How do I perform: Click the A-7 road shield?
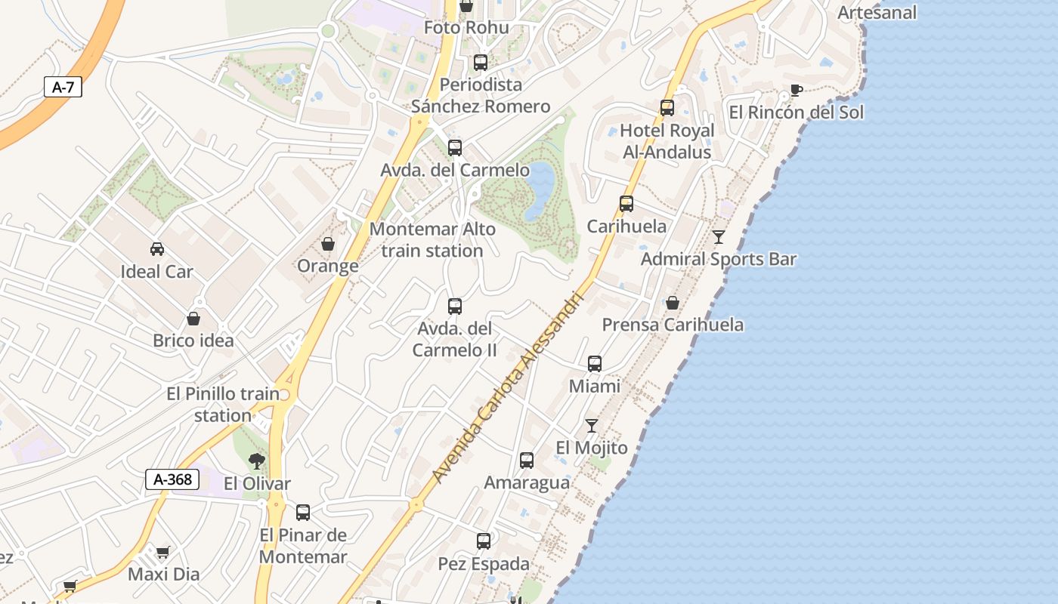(x=63, y=87)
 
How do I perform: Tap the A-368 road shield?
(x=172, y=479)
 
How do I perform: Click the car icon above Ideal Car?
(x=157, y=248)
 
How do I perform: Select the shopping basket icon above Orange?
(x=328, y=243)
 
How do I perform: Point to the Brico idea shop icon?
(x=193, y=319)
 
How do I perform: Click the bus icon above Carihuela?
(x=626, y=203)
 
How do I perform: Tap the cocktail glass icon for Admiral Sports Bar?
(x=719, y=236)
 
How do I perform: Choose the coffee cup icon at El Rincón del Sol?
(x=796, y=91)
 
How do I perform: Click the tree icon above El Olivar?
(x=257, y=461)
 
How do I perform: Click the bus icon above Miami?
(x=595, y=364)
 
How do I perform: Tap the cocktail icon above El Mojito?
(x=592, y=426)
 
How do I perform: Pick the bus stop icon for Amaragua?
(x=527, y=460)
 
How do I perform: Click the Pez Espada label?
(x=484, y=564)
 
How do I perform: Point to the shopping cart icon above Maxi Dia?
(x=163, y=552)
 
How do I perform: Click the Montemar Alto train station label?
(x=432, y=239)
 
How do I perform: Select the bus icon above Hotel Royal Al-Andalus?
(x=667, y=108)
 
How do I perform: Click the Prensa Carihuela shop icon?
(x=672, y=303)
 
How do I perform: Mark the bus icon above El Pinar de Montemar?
(x=303, y=512)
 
